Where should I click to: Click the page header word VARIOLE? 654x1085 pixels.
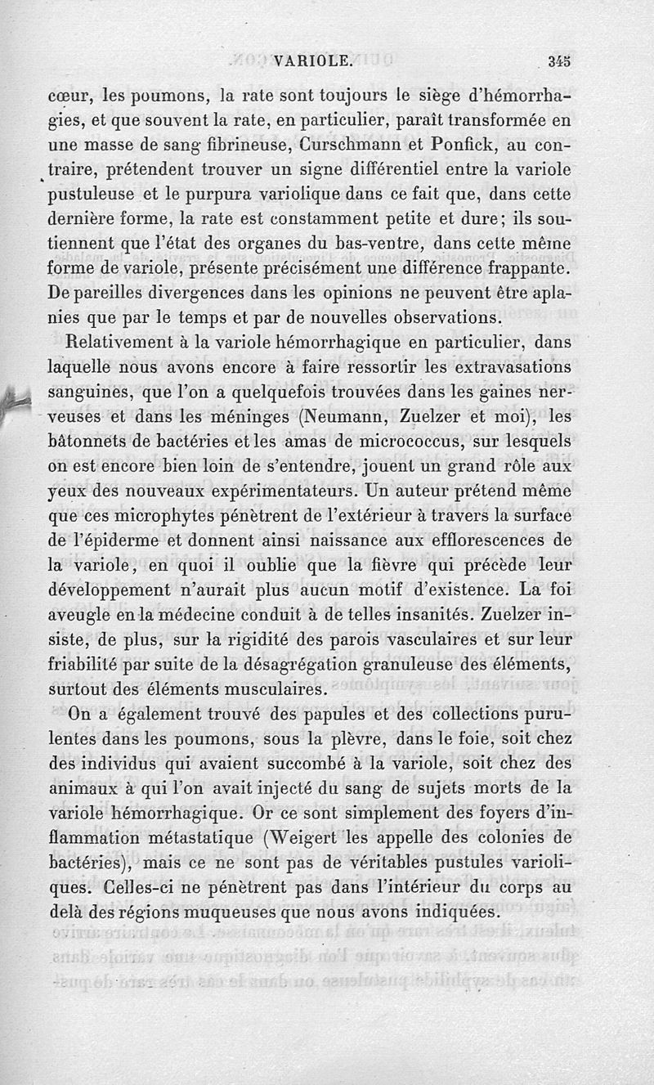313,59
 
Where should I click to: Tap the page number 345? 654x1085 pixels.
559,59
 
